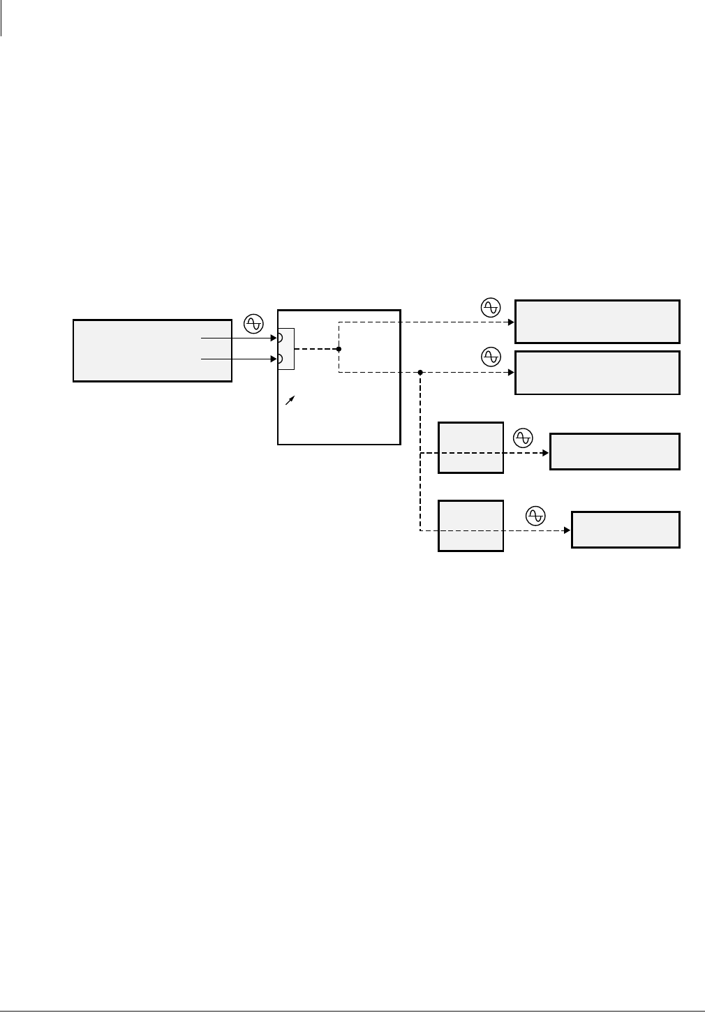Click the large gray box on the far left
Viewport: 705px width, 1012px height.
click(152, 350)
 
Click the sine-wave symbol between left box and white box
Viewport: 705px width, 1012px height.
click(253, 323)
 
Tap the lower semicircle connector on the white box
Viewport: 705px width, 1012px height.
click(281, 359)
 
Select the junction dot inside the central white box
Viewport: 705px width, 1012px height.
click(339, 349)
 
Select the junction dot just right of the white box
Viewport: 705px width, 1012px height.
click(420, 373)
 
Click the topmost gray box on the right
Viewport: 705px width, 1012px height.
click(597, 322)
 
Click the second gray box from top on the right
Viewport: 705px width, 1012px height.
click(597, 373)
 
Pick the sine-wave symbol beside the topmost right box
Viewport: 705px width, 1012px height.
click(491, 307)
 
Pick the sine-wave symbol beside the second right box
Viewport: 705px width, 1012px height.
click(491, 357)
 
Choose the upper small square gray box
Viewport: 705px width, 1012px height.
click(470, 447)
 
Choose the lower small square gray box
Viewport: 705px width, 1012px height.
click(470, 526)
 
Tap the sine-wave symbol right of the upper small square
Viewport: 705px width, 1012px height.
click(523, 438)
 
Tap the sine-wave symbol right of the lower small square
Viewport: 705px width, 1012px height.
click(535, 516)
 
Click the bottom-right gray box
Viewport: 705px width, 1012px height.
click(625, 530)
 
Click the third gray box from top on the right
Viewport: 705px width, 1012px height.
click(614, 452)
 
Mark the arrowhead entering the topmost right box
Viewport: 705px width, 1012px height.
click(511, 322)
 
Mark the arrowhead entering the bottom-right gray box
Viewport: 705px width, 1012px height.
click(567, 530)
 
